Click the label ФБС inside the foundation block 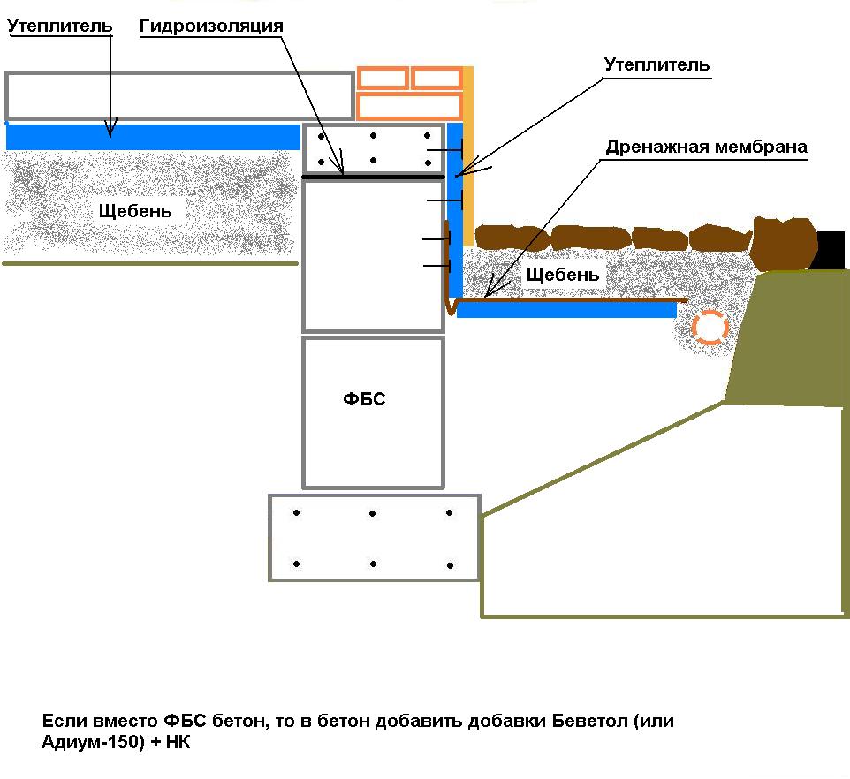[x=364, y=399]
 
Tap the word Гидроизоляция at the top [x=211, y=26]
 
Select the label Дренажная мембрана [x=706, y=147]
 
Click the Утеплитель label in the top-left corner [x=59, y=26]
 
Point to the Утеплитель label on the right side [x=656, y=65]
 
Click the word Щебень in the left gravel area [x=135, y=211]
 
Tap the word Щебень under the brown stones [x=563, y=275]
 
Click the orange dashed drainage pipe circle [x=710, y=327]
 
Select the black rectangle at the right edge [x=830, y=250]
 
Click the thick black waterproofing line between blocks [x=373, y=177]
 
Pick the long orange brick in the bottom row [x=410, y=106]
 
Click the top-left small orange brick [x=383, y=78]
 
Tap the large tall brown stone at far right [x=785, y=244]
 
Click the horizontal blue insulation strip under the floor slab [x=153, y=137]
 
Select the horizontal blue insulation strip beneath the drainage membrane [x=566, y=310]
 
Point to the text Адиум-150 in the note [x=94, y=742]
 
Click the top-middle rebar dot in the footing [x=372, y=513]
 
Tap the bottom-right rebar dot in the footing [x=450, y=565]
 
